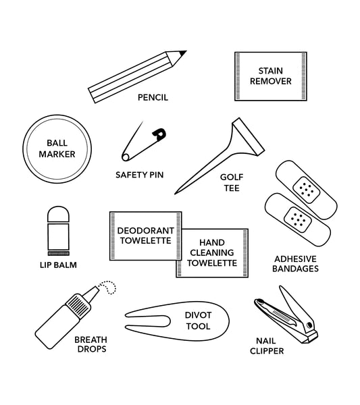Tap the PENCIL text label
(x=153, y=97)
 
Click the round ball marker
(x=57, y=148)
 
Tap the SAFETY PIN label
(x=139, y=174)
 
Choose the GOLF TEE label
(x=232, y=182)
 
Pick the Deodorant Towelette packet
(x=146, y=236)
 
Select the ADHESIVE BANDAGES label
(x=296, y=263)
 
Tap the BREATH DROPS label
(x=91, y=344)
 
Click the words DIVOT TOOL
(x=197, y=321)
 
